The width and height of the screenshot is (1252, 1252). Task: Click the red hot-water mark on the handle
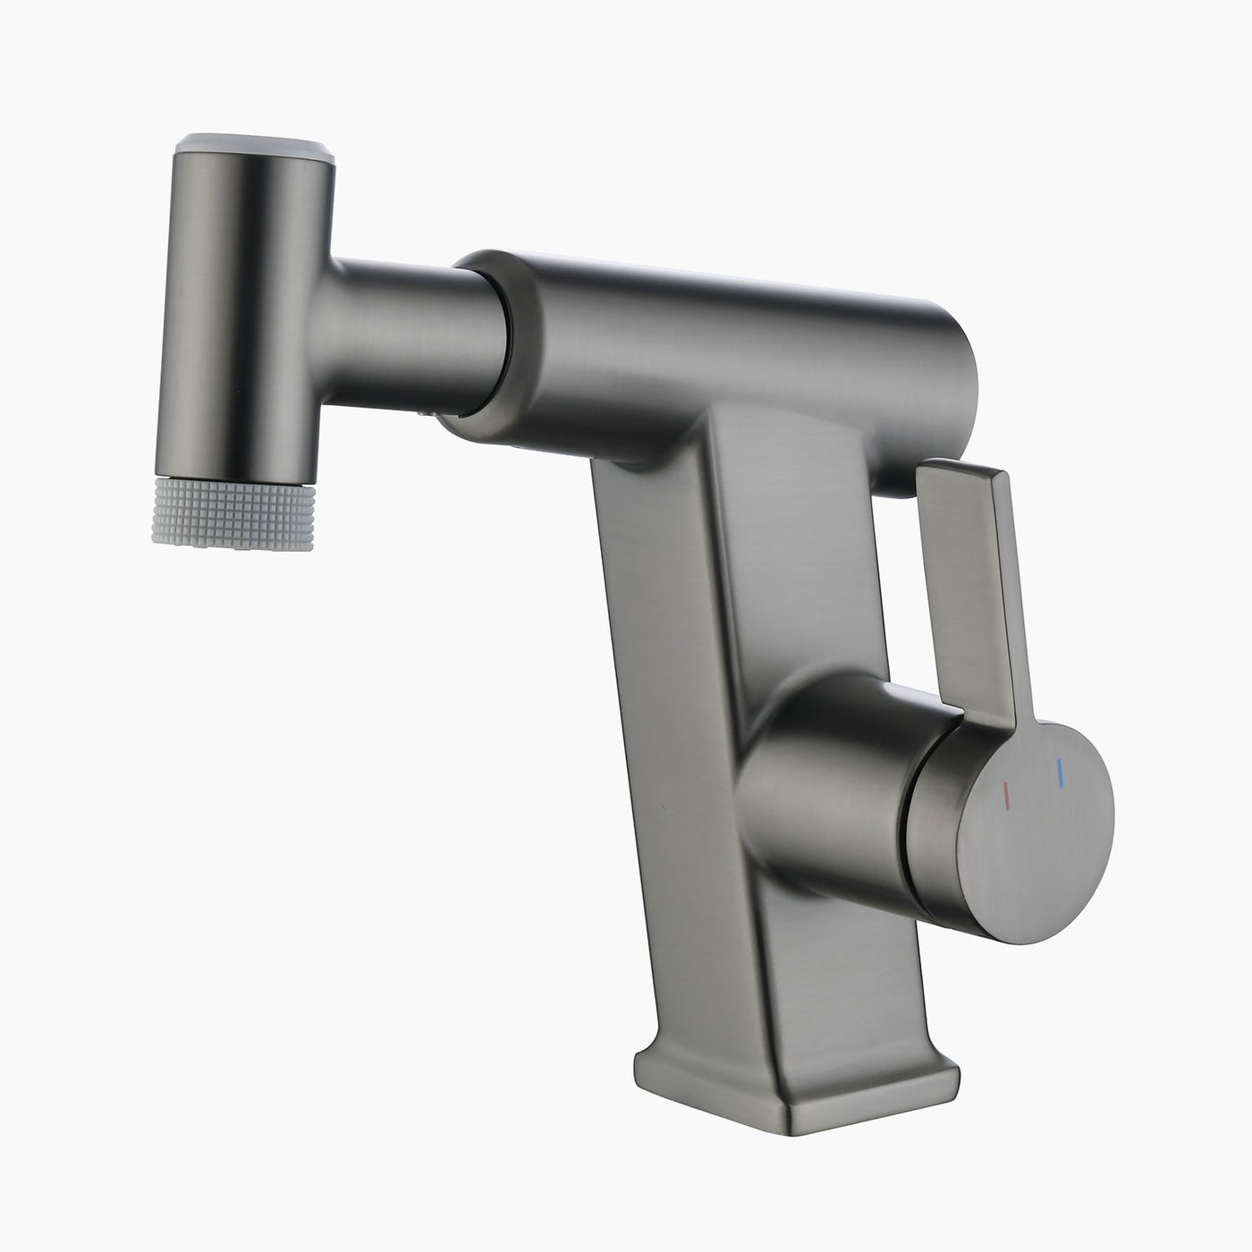click(1005, 792)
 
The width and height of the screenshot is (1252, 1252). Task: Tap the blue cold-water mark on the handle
click(1060, 774)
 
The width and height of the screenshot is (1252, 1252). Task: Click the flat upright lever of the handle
click(975, 581)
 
